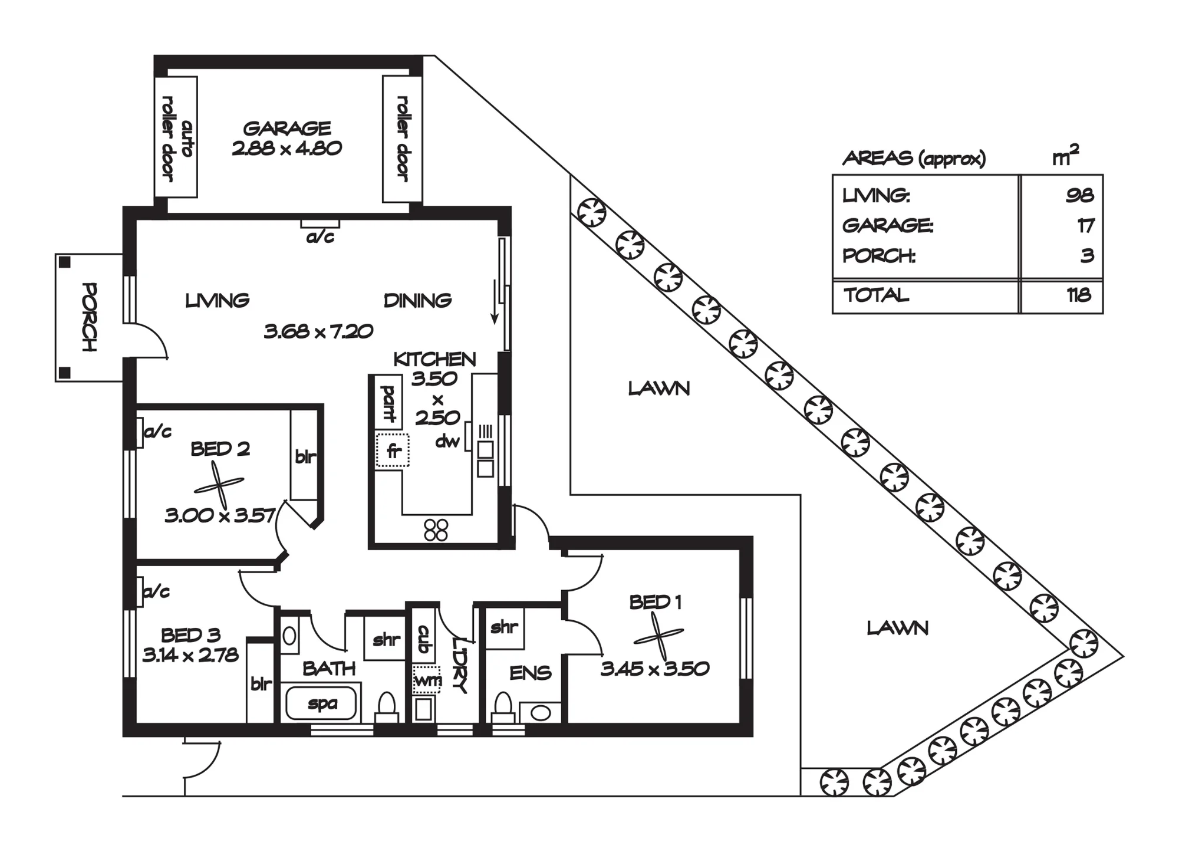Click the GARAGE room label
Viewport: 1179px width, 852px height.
(287, 128)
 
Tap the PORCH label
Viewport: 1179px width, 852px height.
(90, 317)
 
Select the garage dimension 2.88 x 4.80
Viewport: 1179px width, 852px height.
(287, 148)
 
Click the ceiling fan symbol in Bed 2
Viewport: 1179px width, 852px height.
(219, 485)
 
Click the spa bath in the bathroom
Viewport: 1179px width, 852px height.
(321, 703)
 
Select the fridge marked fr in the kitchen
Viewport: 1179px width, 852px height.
(393, 450)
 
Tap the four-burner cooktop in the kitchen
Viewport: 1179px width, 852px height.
(436, 529)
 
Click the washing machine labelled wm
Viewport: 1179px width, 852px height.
(426, 680)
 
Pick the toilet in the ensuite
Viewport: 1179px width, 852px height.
(503, 707)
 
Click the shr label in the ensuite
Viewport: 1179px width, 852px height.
(504, 627)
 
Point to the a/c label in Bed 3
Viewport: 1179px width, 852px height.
(157, 591)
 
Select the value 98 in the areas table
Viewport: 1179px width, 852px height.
(1079, 195)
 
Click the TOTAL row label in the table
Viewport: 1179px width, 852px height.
(876, 295)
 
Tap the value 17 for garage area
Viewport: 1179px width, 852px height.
(1085, 225)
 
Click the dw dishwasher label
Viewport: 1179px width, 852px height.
(447, 440)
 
